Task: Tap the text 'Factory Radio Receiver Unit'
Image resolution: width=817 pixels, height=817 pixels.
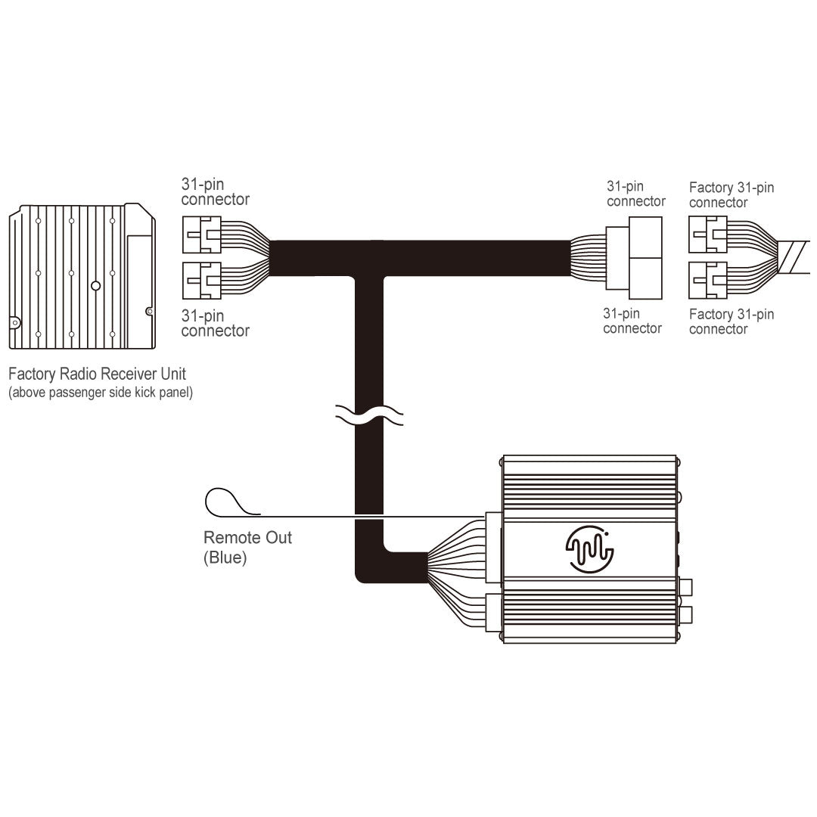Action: point(97,374)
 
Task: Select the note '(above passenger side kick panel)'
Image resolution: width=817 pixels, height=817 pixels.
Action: point(100,393)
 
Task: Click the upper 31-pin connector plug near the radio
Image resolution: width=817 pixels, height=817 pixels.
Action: point(201,235)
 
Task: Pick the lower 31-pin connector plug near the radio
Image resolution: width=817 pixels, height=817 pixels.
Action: point(201,281)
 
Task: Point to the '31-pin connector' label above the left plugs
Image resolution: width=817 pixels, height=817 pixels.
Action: point(215,191)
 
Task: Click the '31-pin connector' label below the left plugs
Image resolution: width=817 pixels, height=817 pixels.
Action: point(215,323)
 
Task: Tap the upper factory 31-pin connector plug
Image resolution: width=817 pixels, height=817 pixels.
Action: point(707,235)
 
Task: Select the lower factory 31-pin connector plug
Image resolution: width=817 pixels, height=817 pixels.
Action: point(707,280)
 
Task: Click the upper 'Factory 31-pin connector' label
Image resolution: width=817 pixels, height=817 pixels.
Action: point(732,195)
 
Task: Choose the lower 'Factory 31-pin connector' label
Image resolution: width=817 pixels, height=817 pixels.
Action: point(732,322)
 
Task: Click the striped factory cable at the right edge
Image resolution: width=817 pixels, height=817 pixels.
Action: point(798,257)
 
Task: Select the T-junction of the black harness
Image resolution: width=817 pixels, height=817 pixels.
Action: point(370,261)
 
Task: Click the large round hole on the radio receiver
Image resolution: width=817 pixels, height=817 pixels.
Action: point(95,287)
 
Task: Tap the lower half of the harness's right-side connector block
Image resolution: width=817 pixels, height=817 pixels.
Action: point(633,274)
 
